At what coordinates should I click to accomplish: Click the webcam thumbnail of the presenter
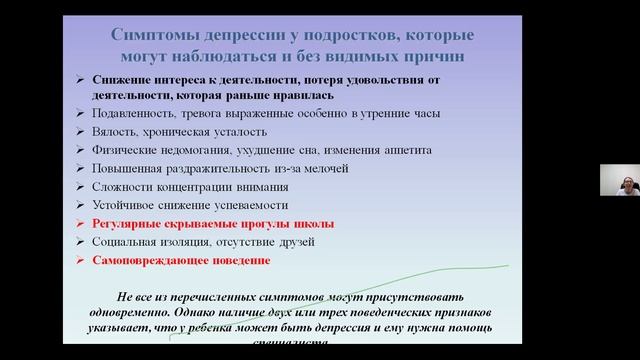[x=619, y=180]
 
